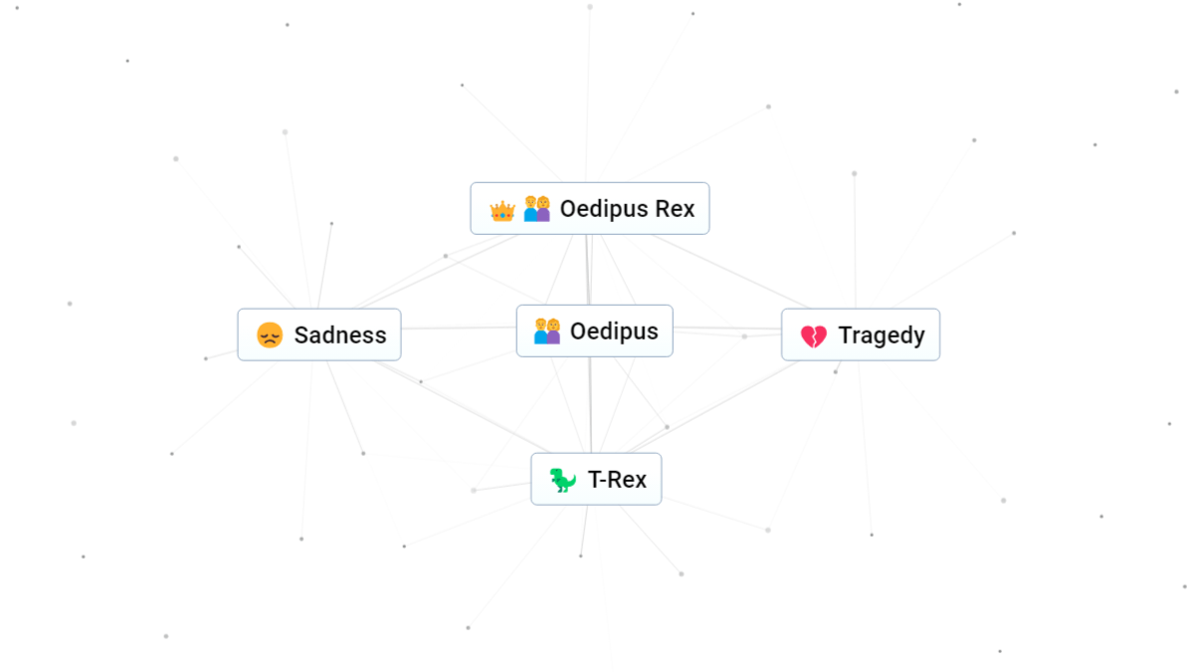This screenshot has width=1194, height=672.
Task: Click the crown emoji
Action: (x=502, y=211)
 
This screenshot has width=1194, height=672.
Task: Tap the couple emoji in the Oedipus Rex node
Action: (x=536, y=208)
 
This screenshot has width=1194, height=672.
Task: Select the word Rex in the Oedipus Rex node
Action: (x=675, y=208)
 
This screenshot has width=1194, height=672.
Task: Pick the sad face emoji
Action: (x=270, y=335)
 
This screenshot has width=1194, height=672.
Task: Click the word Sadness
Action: (x=340, y=335)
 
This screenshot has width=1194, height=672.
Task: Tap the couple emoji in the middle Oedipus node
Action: (x=547, y=332)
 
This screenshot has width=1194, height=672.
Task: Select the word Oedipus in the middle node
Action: (x=614, y=332)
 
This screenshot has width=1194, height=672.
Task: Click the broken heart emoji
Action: (x=814, y=336)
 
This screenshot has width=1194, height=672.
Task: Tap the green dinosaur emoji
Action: (x=562, y=480)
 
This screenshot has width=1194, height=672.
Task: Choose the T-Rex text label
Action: (x=617, y=480)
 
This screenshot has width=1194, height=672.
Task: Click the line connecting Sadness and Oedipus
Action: (x=459, y=327)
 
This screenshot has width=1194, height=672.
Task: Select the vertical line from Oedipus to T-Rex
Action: (x=590, y=405)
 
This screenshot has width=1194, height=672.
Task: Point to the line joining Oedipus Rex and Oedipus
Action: (x=588, y=270)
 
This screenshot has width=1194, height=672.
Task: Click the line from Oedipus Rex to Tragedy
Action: (x=729, y=272)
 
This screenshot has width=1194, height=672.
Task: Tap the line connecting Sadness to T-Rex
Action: (x=461, y=406)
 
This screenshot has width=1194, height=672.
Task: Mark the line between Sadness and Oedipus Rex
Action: (x=437, y=271)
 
